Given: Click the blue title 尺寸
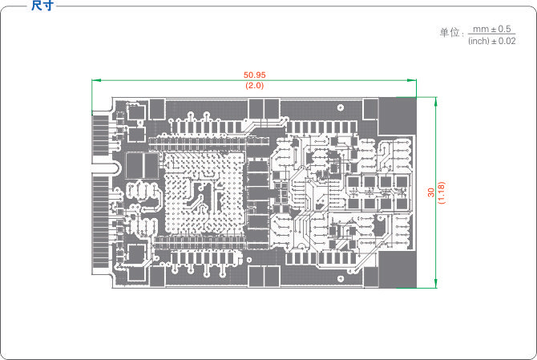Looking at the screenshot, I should pos(42,6).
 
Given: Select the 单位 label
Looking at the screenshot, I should pos(450,33).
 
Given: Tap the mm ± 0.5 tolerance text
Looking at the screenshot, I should pos(492,28).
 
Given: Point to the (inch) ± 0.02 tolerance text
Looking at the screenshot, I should pos(491,40).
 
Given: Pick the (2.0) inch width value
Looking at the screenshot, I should pos(255,85).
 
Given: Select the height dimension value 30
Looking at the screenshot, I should pos(431,192).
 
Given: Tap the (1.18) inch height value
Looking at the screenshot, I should pos(442,192).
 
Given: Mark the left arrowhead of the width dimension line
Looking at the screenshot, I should pos(95,79).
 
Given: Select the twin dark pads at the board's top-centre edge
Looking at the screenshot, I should pos(261,107).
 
